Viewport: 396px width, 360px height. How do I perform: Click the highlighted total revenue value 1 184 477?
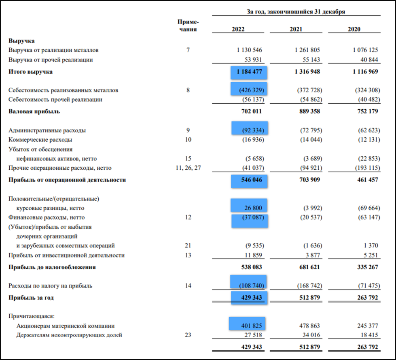point(250,72)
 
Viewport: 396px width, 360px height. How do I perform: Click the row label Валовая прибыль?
point(34,111)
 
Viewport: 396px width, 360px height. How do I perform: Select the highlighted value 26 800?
point(253,208)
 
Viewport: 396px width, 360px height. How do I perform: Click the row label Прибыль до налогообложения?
point(52,268)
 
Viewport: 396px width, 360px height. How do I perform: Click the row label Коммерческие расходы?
point(40,140)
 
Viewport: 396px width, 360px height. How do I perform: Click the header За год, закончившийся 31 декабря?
point(296,12)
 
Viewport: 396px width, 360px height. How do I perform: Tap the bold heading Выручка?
point(21,41)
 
